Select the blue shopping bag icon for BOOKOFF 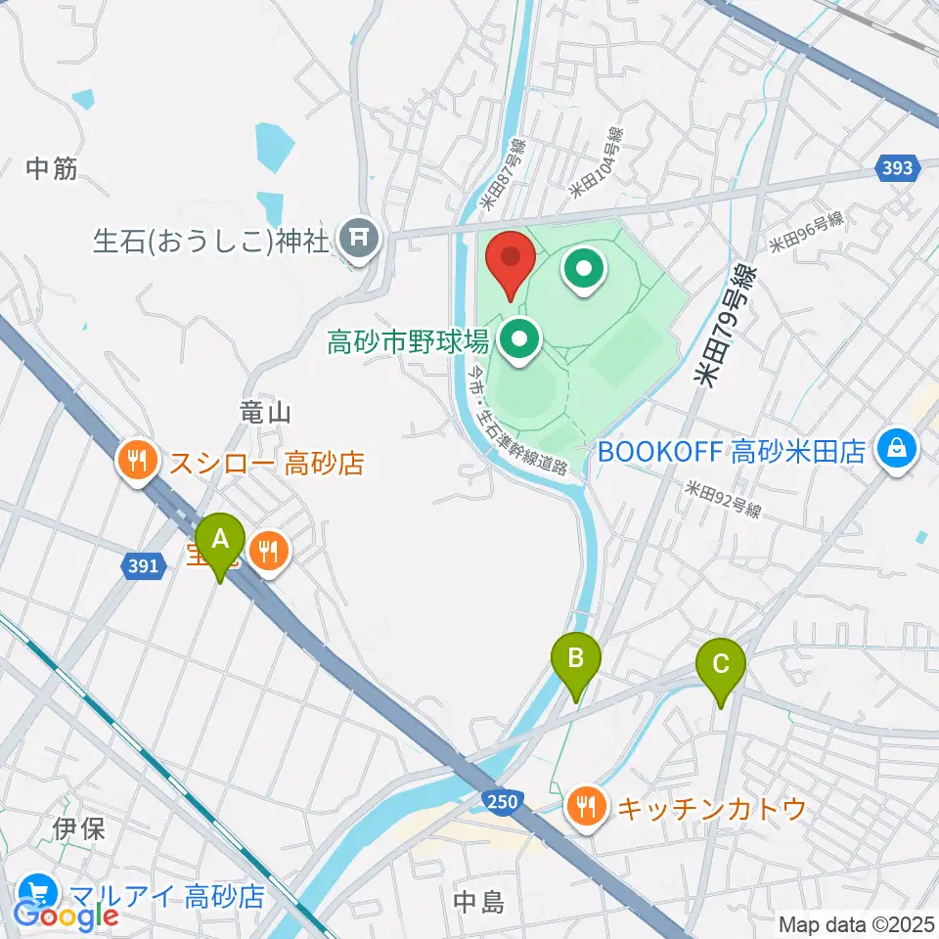click(x=896, y=450)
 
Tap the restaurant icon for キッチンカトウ click(x=586, y=808)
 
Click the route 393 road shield click(x=897, y=168)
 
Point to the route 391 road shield click(x=143, y=566)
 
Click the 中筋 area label click(x=51, y=168)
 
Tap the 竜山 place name click(x=266, y=413)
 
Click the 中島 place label click(x=481, y=900)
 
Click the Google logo click(x=66, y=916)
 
